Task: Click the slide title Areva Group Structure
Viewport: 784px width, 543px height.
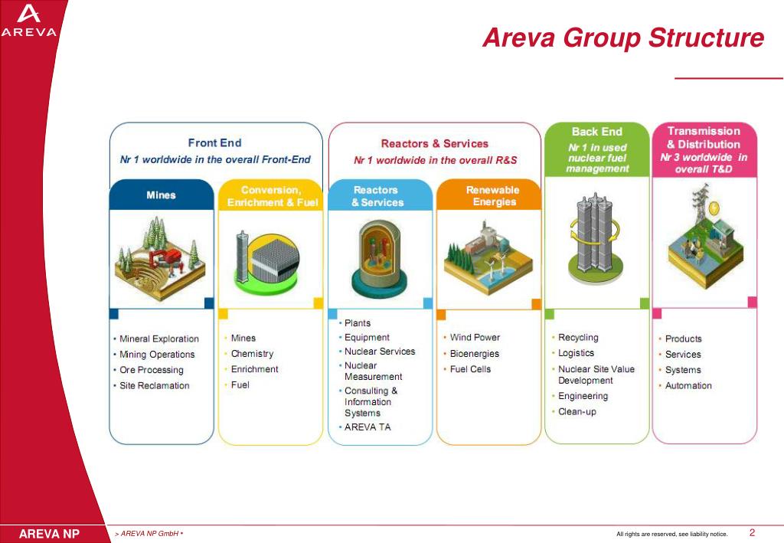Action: pos(622,38)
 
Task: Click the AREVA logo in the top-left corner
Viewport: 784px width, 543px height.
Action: pos(29,21)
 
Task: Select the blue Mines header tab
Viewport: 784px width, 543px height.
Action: pos(161,195)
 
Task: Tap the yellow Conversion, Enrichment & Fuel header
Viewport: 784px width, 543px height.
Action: pos(272,196)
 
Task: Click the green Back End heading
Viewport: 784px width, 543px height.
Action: pos(597,132)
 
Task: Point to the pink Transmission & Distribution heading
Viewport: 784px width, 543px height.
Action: pos(704,138)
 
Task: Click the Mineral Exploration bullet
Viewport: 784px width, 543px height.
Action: pos(158,339)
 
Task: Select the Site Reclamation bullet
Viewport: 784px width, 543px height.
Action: pos(154,385)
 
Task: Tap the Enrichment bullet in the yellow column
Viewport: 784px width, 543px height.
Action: pos(254,369)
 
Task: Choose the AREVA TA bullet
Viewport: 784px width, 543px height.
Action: pos(367,427)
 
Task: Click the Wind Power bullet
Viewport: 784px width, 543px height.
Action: pos(474,338)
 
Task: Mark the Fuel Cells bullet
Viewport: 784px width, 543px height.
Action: pos(470,369)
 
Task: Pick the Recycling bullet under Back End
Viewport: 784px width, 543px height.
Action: pos(578,338)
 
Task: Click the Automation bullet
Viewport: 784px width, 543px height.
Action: pos(688,385)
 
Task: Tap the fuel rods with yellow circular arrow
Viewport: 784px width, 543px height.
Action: pos(596,230)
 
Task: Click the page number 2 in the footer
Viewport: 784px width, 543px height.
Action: pos(752,533)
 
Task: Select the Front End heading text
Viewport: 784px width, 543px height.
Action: pos(214,142)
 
